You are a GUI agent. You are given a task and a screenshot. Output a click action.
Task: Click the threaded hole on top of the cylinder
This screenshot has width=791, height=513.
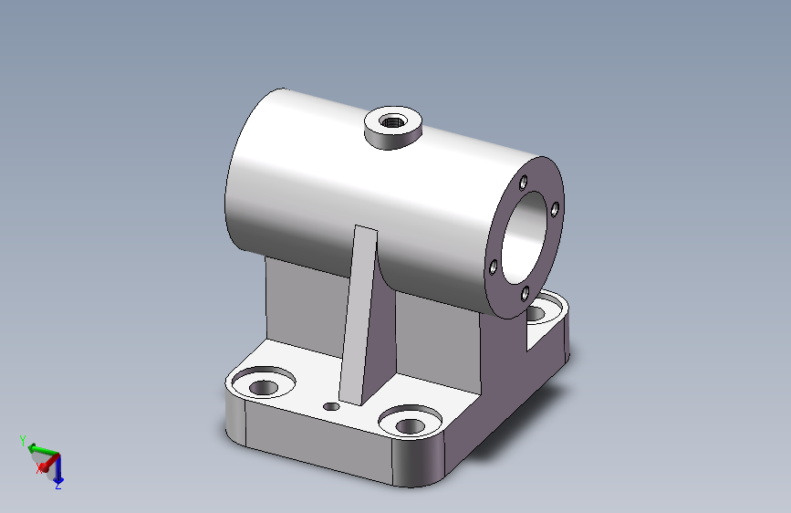(392, 121)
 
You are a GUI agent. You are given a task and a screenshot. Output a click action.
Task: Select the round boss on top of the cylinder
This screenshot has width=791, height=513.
(393, 128)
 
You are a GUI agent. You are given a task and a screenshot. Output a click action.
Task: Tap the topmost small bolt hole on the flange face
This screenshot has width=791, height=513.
(523, 183)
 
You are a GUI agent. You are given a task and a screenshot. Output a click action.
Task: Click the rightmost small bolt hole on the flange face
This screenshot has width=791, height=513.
(555, 209)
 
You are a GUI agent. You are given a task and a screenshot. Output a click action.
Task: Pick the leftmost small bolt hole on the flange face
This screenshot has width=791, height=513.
(493, 267)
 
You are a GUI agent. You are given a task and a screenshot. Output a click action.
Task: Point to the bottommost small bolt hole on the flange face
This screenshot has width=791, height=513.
(525, 293)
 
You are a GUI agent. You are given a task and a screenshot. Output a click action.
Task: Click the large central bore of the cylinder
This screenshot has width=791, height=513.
(526, 237)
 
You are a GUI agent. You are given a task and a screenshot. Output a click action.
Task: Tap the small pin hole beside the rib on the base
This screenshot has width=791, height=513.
(331, 406)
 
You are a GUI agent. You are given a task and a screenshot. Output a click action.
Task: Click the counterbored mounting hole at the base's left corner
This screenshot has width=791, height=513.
(264, 382)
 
